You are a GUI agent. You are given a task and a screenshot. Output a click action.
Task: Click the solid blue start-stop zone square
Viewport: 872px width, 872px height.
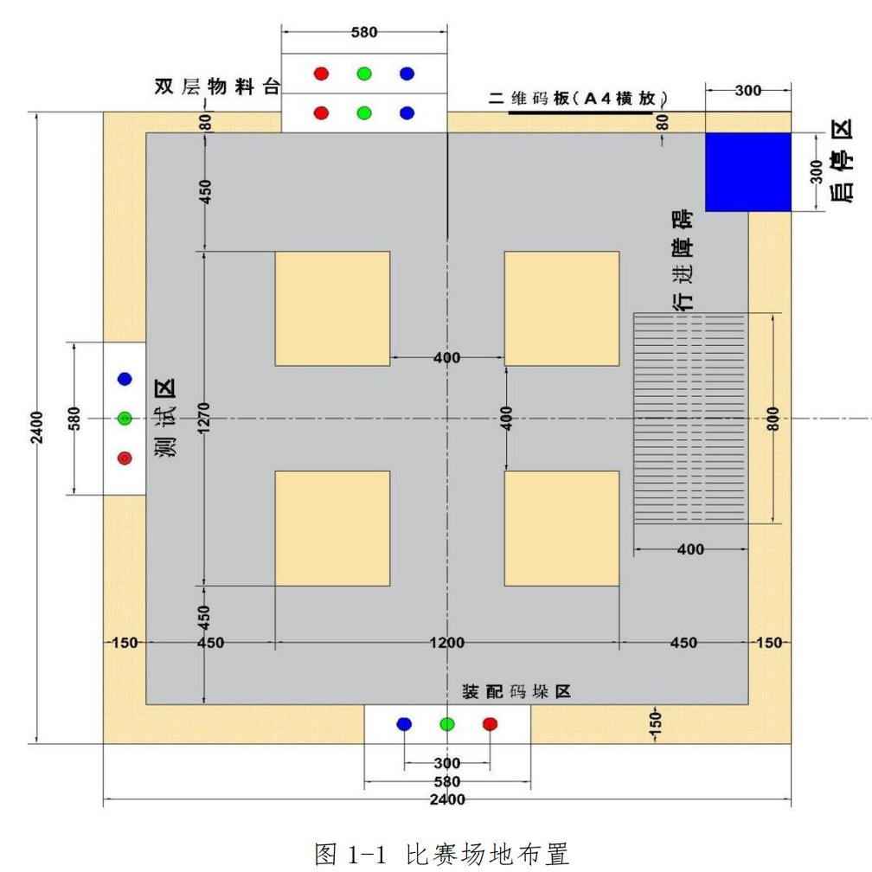pyautogui.click(x=748, y=171)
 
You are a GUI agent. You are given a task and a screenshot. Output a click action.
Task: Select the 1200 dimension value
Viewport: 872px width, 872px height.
pyautogui.click(x=447, y=643)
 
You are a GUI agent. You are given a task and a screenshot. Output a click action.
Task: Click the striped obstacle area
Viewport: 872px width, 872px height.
pyautogui.click(x=690, y=418)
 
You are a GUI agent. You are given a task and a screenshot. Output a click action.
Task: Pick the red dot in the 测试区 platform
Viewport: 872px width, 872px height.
pyautogui.click(x=125, y=458)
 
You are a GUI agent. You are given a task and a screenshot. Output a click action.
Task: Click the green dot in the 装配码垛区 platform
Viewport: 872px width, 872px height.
pyautogui.click(x=446, y=724)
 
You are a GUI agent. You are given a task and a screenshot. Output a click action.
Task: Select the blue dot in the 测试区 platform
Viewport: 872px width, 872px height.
pyautogui.click(x=125, y=379)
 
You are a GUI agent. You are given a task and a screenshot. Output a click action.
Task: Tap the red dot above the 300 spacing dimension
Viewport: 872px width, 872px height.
pyautogui.click(x=490, y=724)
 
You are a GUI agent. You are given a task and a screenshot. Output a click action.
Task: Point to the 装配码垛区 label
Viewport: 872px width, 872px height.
pyautogui.click(x=516, y=692)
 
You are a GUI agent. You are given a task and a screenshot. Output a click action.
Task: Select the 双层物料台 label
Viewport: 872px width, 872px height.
pyautogui.click(x=217, y=87)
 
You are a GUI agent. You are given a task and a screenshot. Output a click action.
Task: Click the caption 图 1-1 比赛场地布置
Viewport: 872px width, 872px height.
pyautogui.click(x=441, y=855)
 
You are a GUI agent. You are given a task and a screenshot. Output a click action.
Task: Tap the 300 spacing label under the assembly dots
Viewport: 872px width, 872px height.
pyautogui.click(x=447, y=764)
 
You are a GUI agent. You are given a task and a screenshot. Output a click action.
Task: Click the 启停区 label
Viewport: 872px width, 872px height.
pyautogui.click(x=841, y=162)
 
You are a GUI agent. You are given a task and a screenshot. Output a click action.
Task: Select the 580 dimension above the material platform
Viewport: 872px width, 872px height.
pyautogui.click(x=364, y=33)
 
